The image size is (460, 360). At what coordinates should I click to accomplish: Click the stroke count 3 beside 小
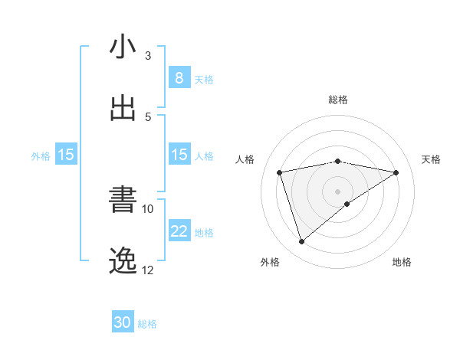(x=148, y=56)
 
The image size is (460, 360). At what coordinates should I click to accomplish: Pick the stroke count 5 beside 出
(x=148, y=116)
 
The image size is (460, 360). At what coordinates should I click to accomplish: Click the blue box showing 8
(x=179, y=78)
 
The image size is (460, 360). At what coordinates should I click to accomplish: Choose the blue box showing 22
(x=179, y=231)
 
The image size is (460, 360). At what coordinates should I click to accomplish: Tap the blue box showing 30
(x=123, y=323)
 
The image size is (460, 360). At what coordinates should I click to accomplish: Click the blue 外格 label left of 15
(x=41, y=155)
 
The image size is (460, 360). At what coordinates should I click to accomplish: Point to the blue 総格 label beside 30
(x=147, y=324)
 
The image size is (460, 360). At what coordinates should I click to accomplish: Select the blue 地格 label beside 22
(x=204, y=232)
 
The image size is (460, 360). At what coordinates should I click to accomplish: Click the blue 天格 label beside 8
(x=204, y=79)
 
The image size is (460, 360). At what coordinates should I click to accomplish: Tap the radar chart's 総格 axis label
(x=338, y=100)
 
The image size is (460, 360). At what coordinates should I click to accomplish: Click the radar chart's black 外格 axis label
(x=270, y=262)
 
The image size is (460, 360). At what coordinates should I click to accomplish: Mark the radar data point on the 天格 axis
(x=396, y=172)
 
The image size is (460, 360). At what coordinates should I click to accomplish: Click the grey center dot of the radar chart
(x=338, y=191)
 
